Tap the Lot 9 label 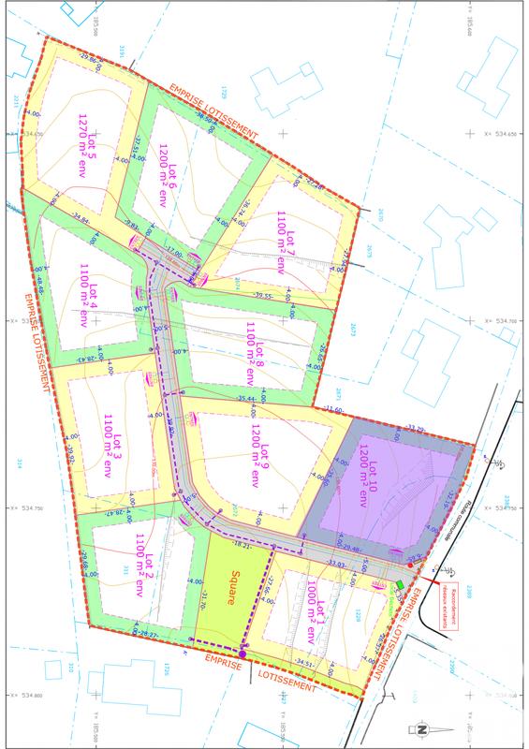pos(258,458)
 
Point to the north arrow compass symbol pos(421,729)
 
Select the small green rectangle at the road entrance pos(400,585)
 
